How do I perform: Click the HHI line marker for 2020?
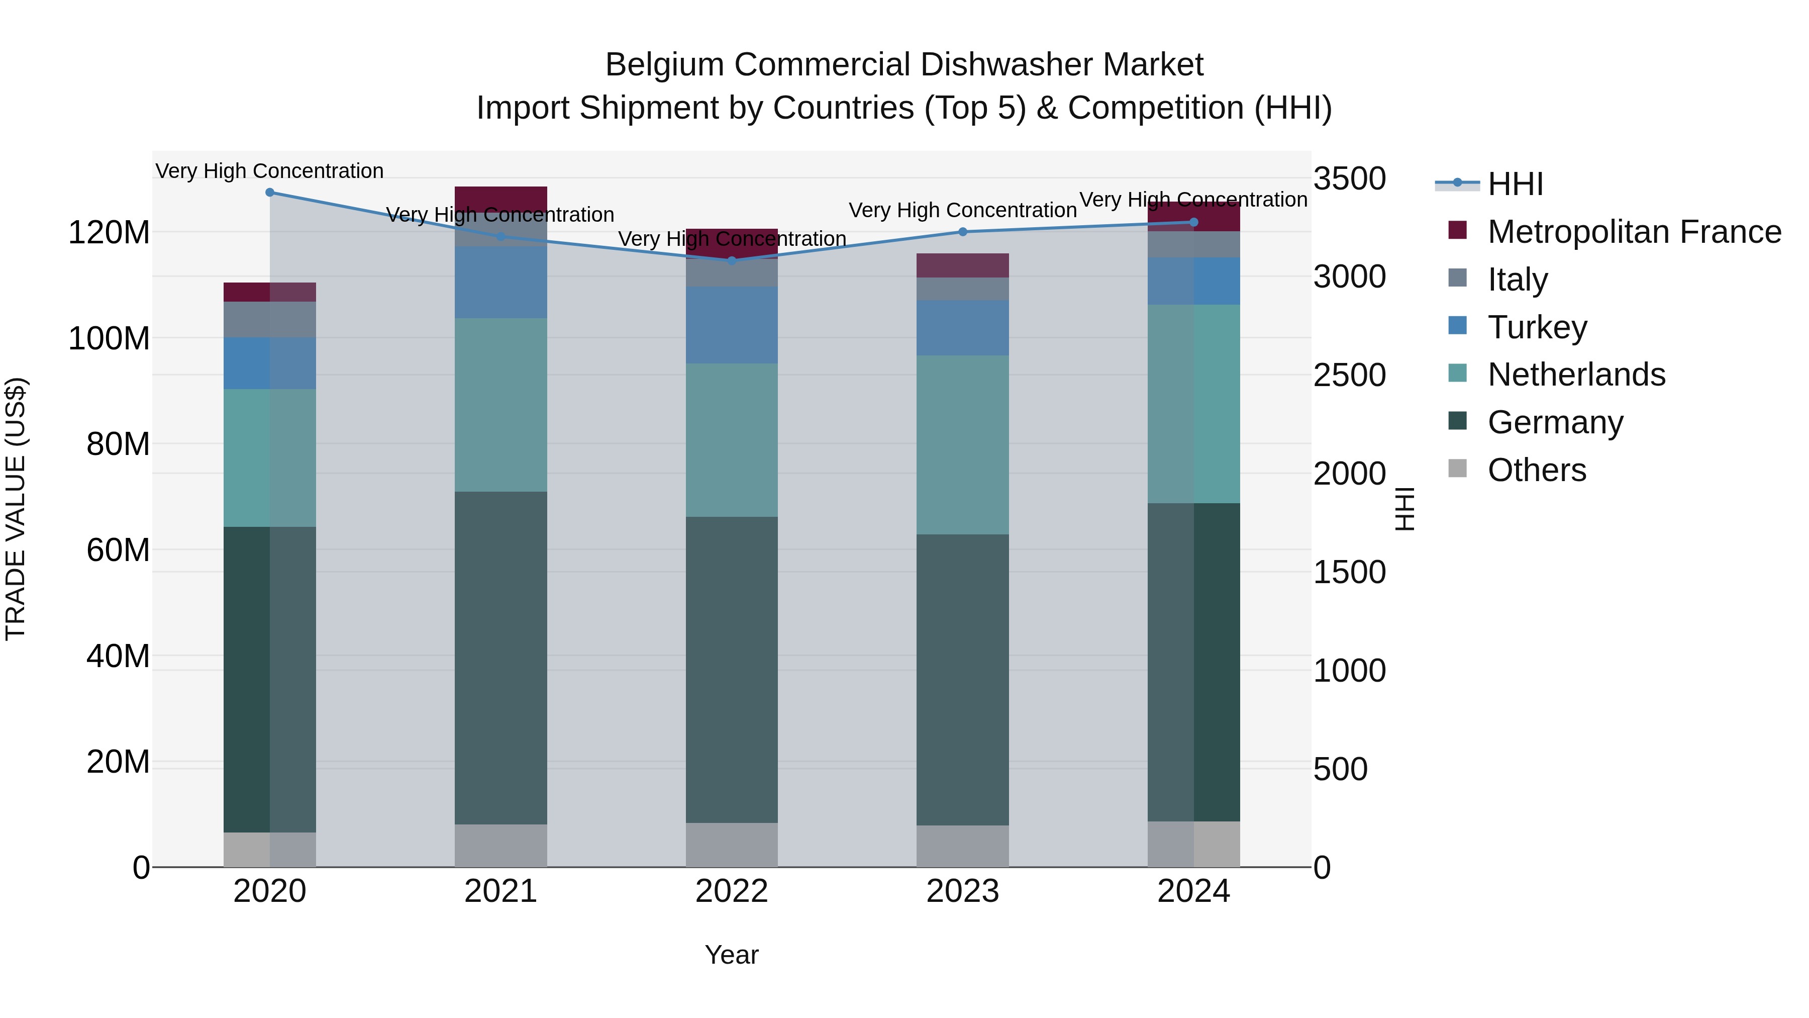click(270, 192)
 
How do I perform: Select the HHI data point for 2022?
click(732, 260)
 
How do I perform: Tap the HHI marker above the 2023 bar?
click(963, 232)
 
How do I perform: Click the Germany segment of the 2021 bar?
click(500, 657)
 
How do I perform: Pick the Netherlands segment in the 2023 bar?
click(963, 445)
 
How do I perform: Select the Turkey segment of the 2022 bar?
click(732, 325)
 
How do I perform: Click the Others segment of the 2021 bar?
click(500, 845)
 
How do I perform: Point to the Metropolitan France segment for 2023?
click(963, 265)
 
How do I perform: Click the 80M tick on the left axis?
click(118, 444)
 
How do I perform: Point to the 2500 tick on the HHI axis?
click(1349, 375)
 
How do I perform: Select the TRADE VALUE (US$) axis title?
click(16, 509)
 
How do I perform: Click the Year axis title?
click(732, 955)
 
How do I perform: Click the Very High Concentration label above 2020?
click(270, 171)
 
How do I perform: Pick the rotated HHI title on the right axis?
click(1404, 509)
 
